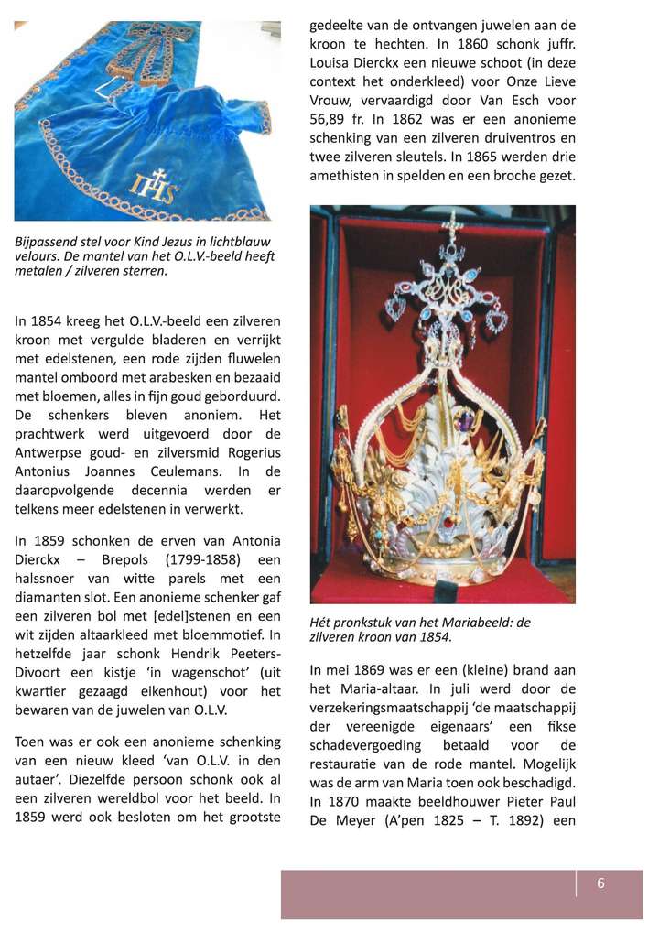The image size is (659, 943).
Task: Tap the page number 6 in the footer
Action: click(600, 883)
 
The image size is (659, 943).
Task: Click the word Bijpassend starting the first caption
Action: click(48, 242)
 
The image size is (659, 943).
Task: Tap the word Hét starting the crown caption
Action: click(322, 623)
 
